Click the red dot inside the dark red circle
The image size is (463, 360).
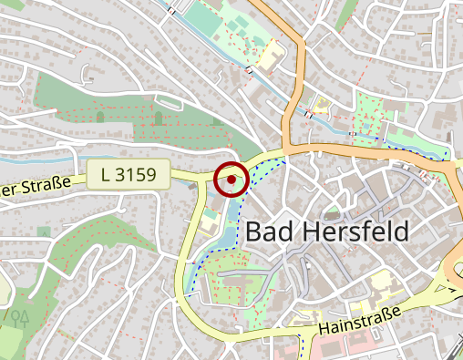231,180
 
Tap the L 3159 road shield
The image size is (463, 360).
130,174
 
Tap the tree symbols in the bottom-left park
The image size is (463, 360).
18,317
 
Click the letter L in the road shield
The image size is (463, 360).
107,174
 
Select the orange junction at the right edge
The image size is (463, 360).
453,278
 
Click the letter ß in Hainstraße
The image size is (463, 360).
383,314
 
